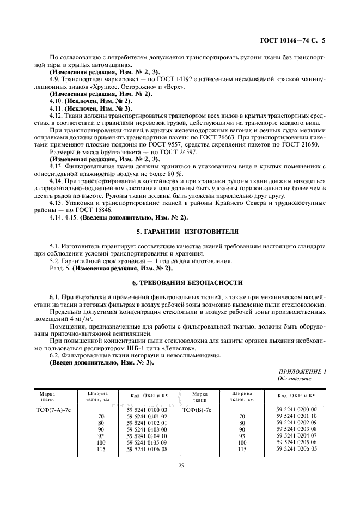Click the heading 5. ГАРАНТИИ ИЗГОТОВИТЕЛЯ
click(x=180, y=232)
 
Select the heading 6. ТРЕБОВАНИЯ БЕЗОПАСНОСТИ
click(x=180, y=283)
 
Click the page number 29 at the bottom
click(x=180, y=465)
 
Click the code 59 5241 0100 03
click(x=147, y=409)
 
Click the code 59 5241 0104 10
click(x=147, y=436)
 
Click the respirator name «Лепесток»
click(x=193, y=348)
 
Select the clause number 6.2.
click(x=54, y=355)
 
